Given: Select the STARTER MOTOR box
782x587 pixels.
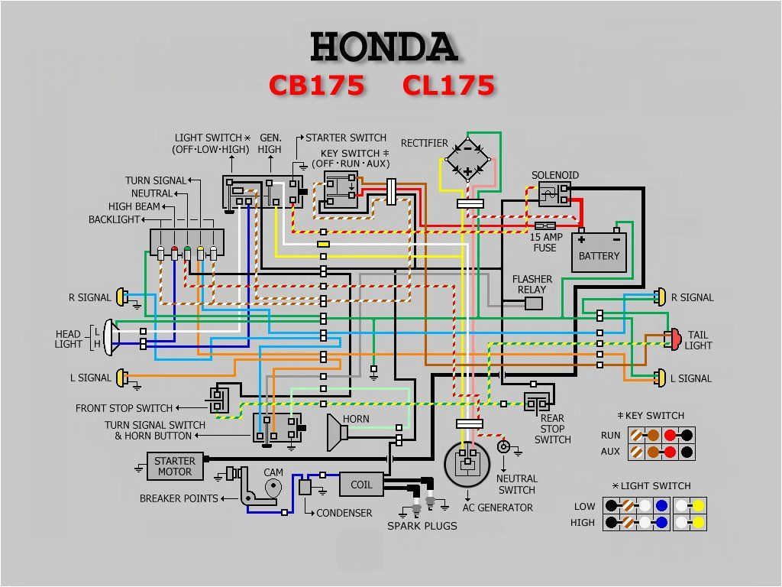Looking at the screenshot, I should point(175,466).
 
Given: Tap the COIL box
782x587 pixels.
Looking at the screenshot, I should point(361,485).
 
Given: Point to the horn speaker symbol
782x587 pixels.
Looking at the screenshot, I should point(337,433).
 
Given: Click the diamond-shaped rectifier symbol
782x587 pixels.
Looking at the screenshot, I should point(467,157).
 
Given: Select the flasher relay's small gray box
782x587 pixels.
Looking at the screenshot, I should point(534,303).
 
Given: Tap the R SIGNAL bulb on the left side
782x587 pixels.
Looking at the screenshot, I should point(122,297).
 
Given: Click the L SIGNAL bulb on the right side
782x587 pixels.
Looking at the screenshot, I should point(659,378).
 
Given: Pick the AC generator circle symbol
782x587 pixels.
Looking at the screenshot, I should point(467,462).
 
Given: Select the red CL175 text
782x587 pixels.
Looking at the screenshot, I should point(448,86).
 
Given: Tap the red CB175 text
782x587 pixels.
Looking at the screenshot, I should point(317,86).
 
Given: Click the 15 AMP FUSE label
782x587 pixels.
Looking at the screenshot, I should point(547,242).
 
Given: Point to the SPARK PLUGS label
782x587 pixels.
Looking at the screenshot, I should point(422,526).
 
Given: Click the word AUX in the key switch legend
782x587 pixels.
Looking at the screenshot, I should point(610,451).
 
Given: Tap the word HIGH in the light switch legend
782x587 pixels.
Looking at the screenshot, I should point(583,523).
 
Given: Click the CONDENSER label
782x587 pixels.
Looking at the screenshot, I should point(344,513).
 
